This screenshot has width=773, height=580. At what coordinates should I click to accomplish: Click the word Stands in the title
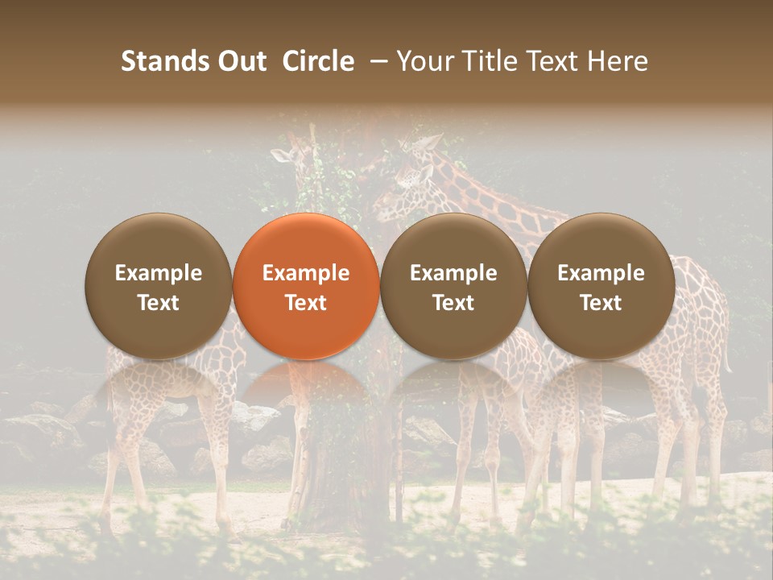(163, 61)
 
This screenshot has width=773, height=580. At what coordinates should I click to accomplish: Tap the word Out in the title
(240, 61)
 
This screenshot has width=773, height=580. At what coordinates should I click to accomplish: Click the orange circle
(306, 286)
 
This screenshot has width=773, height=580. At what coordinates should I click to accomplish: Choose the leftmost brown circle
(159, 286)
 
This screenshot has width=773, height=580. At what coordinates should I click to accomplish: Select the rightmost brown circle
(601, 286)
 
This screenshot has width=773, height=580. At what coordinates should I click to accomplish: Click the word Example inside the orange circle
(306, 273)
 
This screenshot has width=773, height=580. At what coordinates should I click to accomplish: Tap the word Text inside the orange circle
(306, 303)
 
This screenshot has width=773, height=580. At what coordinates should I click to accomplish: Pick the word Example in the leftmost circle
(159, 273)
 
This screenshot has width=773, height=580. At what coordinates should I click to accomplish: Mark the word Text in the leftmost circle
(159, 303)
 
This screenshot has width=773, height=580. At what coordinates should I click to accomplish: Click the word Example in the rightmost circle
(601, 273)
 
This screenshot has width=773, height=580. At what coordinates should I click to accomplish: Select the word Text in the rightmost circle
(601, 303)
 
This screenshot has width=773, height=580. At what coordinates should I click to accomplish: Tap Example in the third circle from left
(453, 273)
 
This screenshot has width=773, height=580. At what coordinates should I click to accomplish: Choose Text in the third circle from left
(453, 303)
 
